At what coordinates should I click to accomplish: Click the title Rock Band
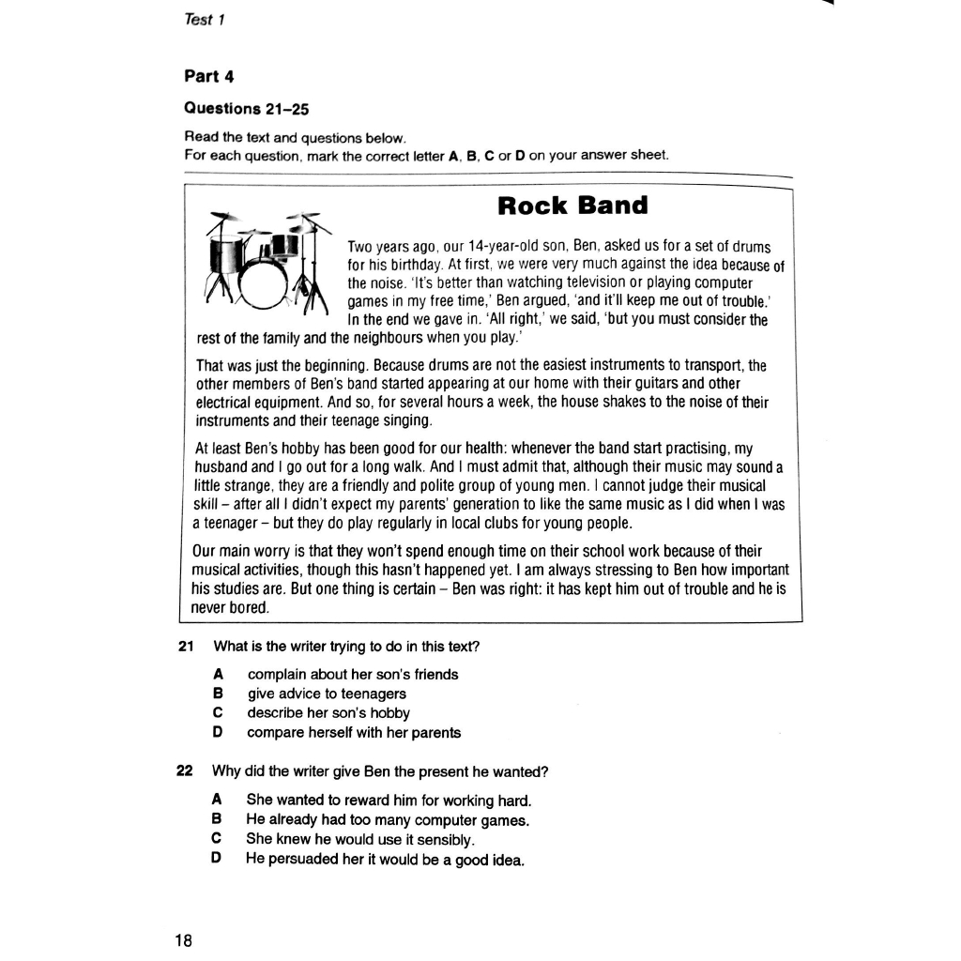(x=572, y=206)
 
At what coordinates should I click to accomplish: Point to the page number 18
(x=183, y=939)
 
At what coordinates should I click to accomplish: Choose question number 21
(x=185, y=647)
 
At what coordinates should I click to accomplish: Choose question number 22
(x=184, y=771)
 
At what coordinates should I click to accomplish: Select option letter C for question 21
(x=218, y=713)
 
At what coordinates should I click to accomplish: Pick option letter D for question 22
(x=217, y=859)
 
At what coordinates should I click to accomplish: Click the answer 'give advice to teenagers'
(x=327, y=694)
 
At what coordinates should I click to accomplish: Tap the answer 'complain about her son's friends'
(x=353, y=674)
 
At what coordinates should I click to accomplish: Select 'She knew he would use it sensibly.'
(x=361, y=839)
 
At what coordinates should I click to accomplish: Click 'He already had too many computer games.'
(x=388, y=820)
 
